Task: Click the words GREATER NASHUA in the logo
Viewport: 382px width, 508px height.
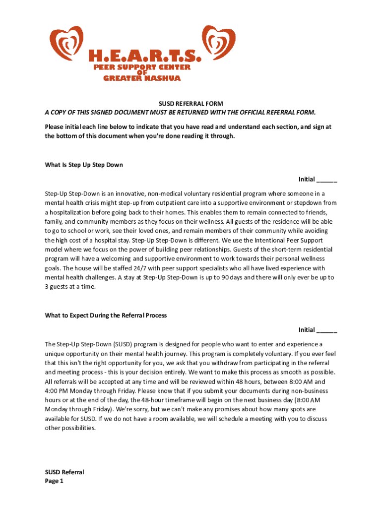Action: tap(142, 78)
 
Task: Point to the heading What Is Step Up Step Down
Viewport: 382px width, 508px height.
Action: tap(84, 165)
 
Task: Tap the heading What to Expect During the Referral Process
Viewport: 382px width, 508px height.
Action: tap(106, 316)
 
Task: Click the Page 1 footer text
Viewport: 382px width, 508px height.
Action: tap(54, 481)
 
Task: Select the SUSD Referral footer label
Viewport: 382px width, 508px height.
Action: tap(64, 472)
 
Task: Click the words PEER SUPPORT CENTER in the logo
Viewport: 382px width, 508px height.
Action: tap(142, 67)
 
